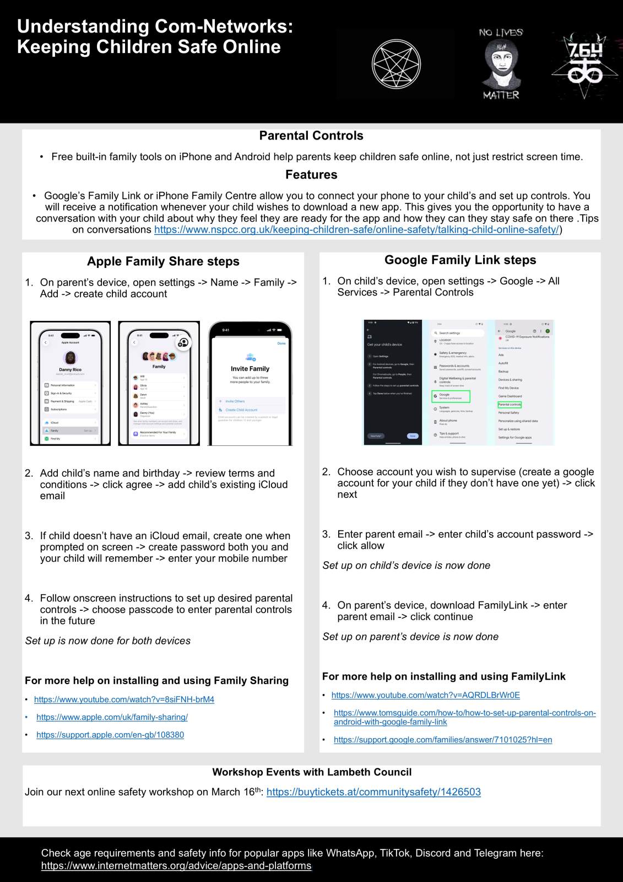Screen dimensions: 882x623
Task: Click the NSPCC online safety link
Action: coord(356,230)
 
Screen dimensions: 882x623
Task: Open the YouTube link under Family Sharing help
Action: coord(124,700)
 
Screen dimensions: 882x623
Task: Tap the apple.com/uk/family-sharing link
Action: coord(112,717)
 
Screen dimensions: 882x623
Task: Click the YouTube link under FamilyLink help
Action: coord(425,695)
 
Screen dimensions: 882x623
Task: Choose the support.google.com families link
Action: coord(442,740)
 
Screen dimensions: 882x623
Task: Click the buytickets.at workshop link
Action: coord(373,792)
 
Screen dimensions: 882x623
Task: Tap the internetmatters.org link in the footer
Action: coord(176,866)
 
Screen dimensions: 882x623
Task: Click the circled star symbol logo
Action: coord(396,63)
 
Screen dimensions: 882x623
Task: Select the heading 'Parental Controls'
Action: coord(311,136)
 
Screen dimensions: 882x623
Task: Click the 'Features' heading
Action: coord(311,175)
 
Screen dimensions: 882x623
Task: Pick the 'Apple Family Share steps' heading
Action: coord(163,261)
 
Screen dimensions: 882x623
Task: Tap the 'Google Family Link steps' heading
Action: coord(460,260)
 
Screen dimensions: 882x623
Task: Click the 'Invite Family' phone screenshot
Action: coord(250,384)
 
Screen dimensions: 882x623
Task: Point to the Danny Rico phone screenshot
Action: coord(70,384)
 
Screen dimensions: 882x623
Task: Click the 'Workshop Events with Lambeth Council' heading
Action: coord(312,772)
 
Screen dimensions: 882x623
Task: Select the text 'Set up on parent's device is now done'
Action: coord(410,637)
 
